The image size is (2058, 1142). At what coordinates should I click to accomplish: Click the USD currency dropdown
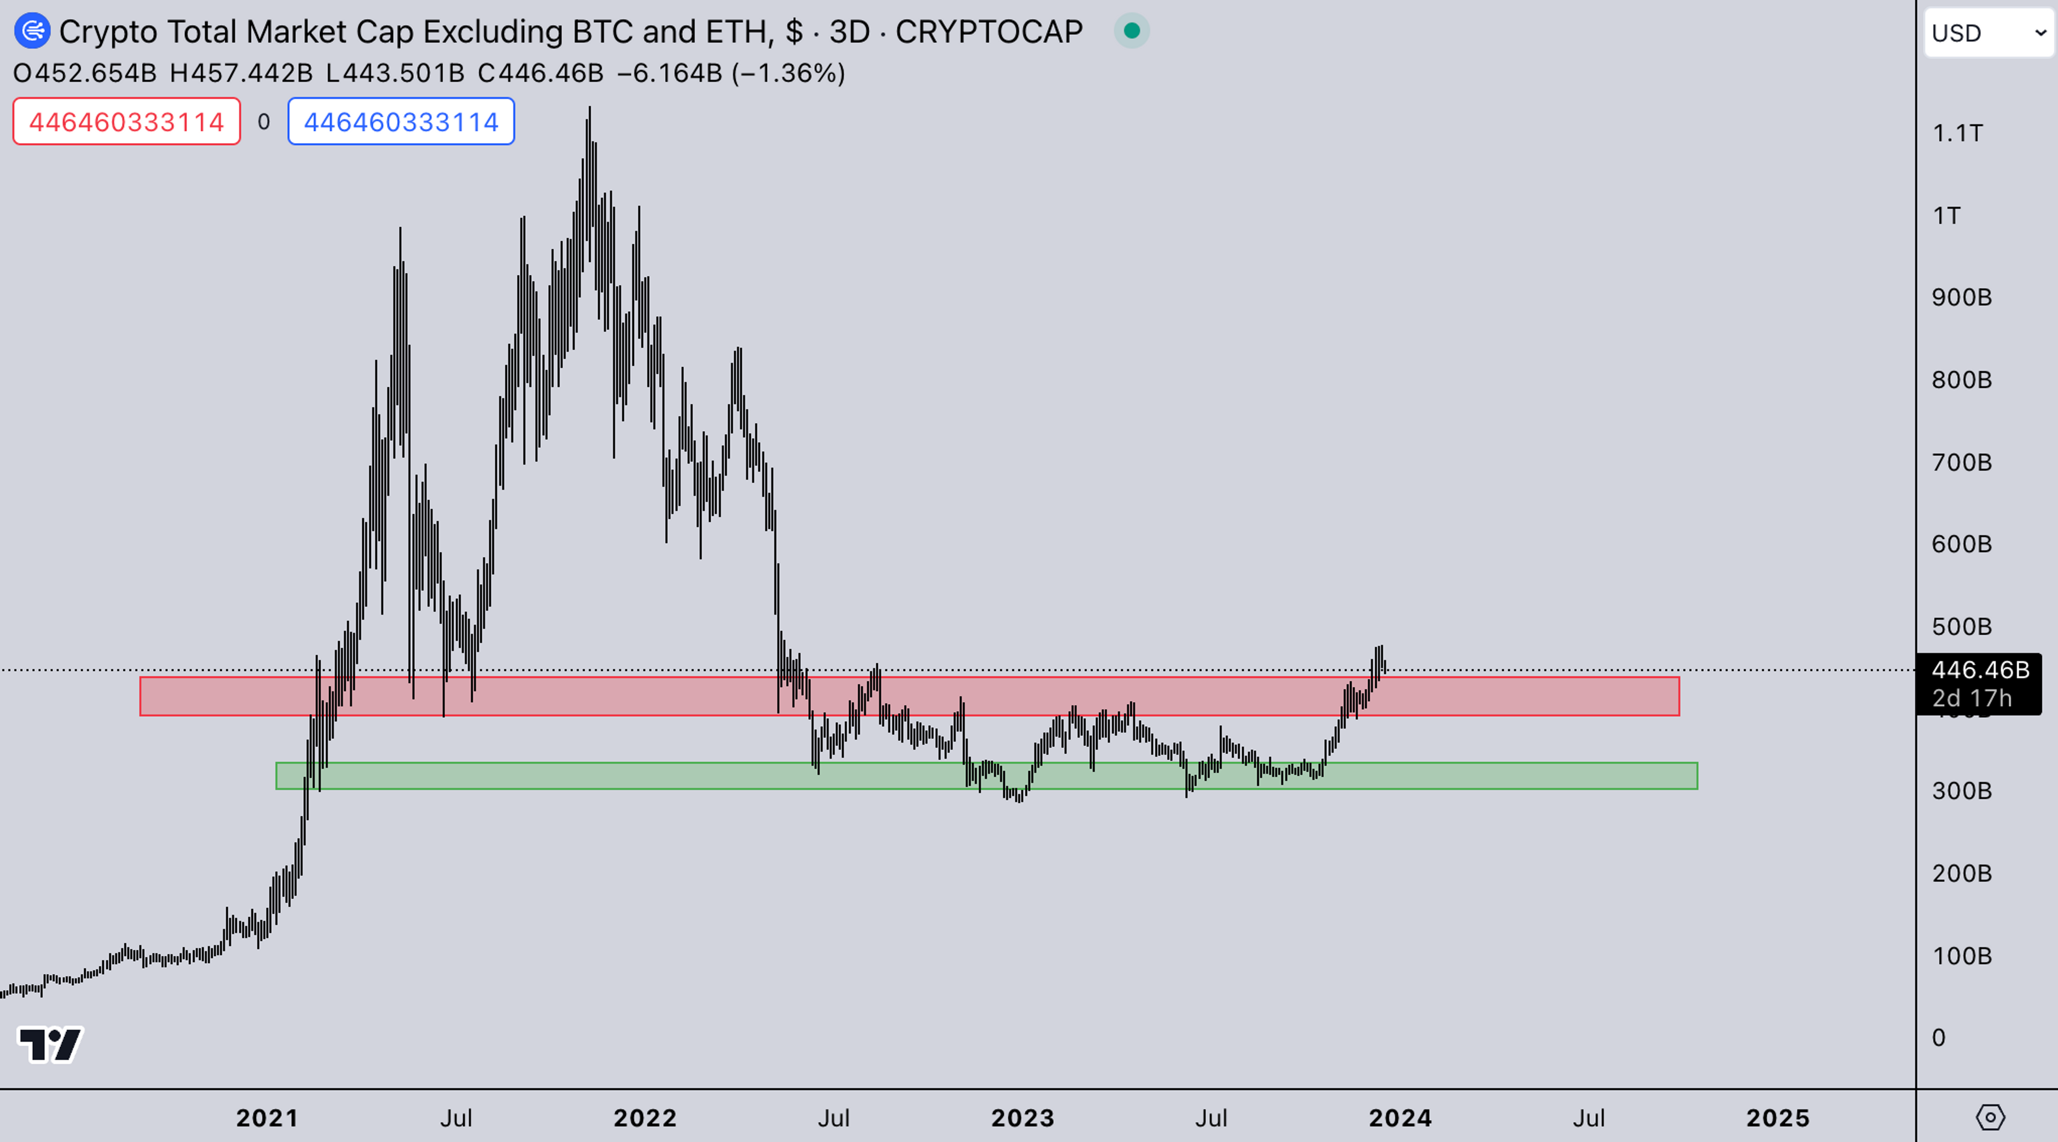click(x=1988, y=33)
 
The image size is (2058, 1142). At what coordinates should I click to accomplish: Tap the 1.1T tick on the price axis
click(x=1957, y=132)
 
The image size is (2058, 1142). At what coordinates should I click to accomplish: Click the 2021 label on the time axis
click(x=267, y=1117)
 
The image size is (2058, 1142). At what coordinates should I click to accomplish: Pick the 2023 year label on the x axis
click(x=1023, y=1117)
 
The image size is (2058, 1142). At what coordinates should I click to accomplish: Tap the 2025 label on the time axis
click(x=1778, y=1117)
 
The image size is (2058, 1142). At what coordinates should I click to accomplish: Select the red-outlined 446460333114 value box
click(x=126, y=122)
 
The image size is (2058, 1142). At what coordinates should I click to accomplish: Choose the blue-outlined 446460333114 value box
click(x=401, y=122)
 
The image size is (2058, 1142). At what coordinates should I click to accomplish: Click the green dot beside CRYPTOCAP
click(x=1131, y=31)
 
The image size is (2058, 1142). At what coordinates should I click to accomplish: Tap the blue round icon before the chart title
click(x=32, y=31)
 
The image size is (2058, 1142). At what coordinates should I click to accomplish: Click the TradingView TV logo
click(x=49, y=1044)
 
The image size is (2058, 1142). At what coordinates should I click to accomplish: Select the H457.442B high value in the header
click(x=241, y=73)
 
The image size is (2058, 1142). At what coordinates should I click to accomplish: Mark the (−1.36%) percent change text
click(x=788, y=73)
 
